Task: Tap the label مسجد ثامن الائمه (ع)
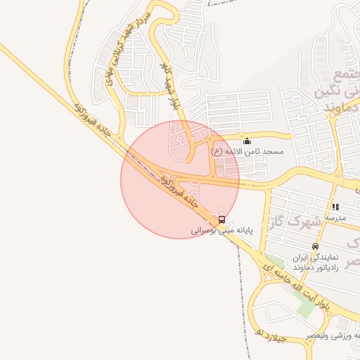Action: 247,152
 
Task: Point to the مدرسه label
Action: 335,218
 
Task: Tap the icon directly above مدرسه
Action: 335,207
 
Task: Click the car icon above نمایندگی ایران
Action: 315,247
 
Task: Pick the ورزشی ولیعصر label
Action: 333,337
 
